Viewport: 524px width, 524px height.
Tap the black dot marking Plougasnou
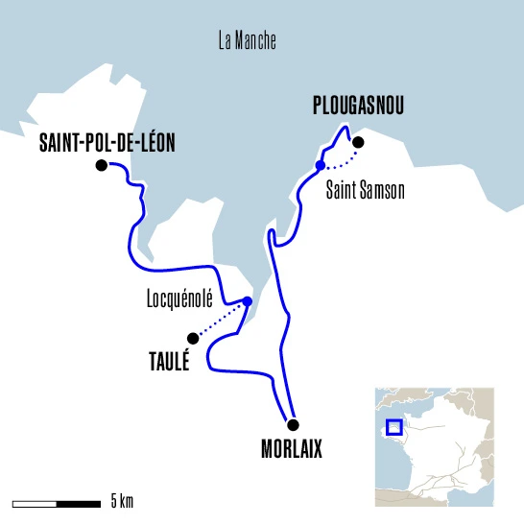359,143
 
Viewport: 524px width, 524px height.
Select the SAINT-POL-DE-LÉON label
108,143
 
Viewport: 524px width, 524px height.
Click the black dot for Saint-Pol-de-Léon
102,166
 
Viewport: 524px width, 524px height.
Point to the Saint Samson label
366,191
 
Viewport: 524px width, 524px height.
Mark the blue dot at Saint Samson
320,166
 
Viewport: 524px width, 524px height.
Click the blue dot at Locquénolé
248,301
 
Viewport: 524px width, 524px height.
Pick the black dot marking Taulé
193,338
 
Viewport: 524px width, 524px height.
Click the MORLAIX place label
292,449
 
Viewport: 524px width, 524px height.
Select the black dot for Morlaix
293,425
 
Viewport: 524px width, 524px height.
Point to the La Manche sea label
248,40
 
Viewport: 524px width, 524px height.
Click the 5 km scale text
122,501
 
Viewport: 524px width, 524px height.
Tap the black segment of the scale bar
80,502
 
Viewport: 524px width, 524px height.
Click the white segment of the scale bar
36,502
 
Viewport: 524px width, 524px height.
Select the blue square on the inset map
393,428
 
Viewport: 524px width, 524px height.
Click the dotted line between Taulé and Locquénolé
221,320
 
